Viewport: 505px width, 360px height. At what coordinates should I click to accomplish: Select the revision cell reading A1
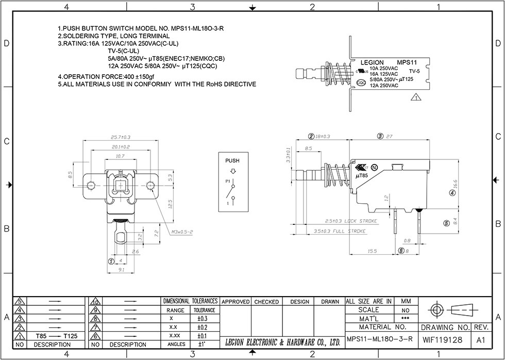[481, 340]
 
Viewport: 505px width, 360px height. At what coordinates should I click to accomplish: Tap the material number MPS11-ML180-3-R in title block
[380, 339]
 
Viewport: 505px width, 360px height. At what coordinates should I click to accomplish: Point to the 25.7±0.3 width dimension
[121, 137]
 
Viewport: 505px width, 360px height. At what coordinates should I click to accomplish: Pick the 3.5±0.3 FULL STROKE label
[340, 232]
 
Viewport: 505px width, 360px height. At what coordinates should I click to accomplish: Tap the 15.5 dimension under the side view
[372, 251]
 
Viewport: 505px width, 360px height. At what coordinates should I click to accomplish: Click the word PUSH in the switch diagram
[232, 161]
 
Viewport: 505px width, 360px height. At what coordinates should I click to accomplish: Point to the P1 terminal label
[227, 182]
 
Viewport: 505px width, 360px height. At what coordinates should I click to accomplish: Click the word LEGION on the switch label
[372, 63]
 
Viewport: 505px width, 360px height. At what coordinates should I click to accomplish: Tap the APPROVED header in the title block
[235, 302]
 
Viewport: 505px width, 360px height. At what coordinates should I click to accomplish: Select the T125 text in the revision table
[70, 336]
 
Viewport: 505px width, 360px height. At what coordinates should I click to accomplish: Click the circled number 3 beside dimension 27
[380, 137]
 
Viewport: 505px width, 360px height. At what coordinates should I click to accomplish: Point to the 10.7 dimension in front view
[120, 156]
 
